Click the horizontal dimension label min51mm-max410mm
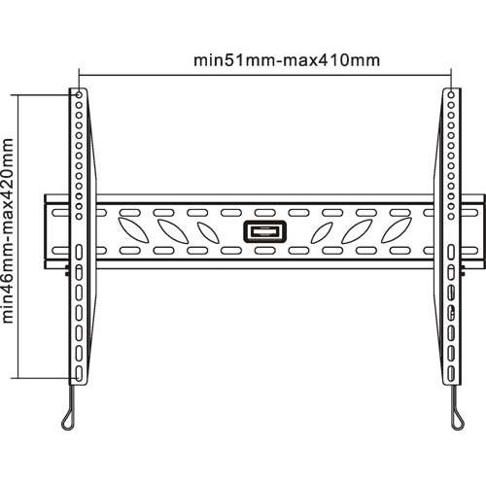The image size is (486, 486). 287,60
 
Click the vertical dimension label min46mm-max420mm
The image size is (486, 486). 8,230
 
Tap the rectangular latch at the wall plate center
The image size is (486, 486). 264,231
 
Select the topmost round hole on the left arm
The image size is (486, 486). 79,95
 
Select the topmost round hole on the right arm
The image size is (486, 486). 451,95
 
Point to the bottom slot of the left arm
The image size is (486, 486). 79,373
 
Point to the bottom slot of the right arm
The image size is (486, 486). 451,373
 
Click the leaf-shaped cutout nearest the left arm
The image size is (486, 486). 133,230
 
